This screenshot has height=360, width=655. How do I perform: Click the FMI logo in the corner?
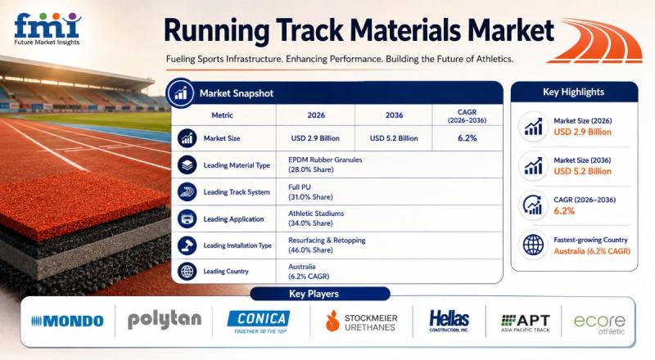coord(47,29)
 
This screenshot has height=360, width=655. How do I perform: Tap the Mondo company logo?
coord(67,322)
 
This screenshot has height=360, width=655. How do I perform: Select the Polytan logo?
coord(165,321)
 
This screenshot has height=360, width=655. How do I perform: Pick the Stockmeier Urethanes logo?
coord(361,322)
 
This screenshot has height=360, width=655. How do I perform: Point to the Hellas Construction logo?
coord(449,322)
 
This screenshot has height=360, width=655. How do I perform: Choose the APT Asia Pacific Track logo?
coord(526,323)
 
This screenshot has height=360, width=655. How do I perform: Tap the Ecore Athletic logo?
coord(599,325)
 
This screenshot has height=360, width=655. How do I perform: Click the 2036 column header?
coord(394,115)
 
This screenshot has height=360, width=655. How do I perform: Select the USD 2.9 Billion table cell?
coord(315,138)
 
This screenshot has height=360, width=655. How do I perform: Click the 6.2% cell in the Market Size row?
coord(467,138)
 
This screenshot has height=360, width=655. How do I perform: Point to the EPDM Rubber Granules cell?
coord(325,164)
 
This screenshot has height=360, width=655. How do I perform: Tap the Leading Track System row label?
coord(237,192)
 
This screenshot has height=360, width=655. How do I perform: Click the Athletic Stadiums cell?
coord(316,218)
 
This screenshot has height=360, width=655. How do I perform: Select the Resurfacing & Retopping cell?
coord(327,245)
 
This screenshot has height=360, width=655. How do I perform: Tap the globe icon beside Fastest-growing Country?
coord(534,245)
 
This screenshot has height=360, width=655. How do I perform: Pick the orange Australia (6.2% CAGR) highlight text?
coord(592,251)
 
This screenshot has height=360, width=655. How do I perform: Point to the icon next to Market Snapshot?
coord(180,93)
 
